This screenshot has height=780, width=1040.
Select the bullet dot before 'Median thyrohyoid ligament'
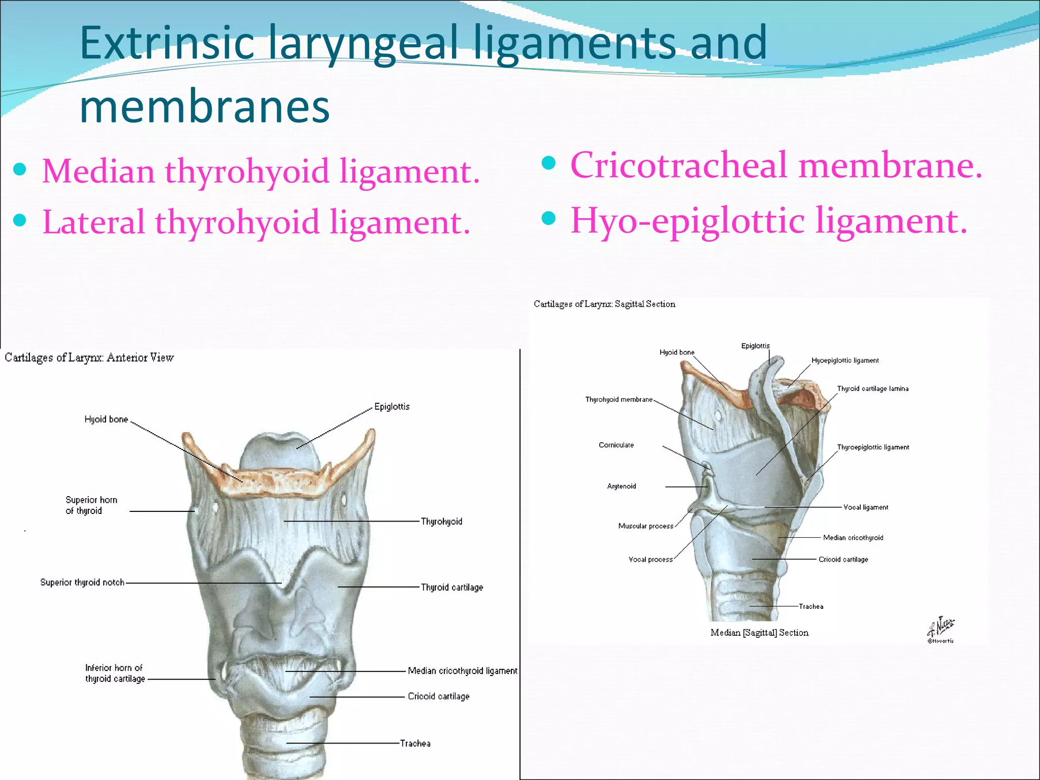click(x=20, y=169)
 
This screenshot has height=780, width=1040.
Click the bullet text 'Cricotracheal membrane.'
click(x=776, y=165)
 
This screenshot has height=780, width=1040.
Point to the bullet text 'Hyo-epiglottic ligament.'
click(x=769, y=221)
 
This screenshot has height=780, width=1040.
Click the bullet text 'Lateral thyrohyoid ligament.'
click(x=256, y=222)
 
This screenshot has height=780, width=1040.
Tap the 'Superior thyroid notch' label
click(x=82, y=582)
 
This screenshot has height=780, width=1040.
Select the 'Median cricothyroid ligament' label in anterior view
click(x=462, y=671)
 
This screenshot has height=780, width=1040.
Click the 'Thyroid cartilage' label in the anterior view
click(x=452, y=588)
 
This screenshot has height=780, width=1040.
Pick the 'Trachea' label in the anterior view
click(x=415, y=743)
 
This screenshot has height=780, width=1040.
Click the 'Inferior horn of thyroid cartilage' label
click(x=115, y=673)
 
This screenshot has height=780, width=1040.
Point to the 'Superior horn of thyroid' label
click(x=91, y=505)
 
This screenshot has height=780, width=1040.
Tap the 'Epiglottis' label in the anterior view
click(x=392, y=407)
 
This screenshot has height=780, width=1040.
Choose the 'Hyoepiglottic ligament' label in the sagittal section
click(x=845, y=361)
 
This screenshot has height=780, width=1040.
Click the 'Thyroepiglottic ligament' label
click(x=873, y=447)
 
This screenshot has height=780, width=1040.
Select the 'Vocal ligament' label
click(x=866, y=507)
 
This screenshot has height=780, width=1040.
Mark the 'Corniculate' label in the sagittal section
click(x=616, y=445)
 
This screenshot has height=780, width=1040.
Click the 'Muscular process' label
click(x=645, y=526)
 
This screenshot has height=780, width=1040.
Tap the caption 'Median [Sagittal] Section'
click(x=759, y=633)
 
